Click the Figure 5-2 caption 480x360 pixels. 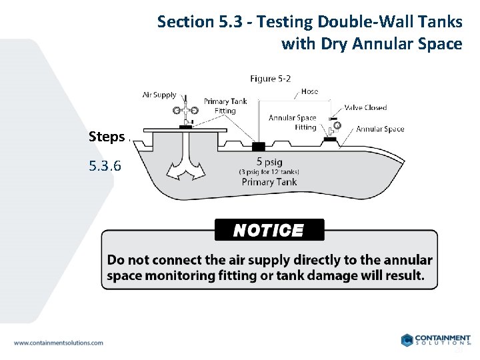tap(270, 79)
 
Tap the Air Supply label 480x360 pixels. tap(159, 95)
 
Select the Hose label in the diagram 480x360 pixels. tap(309, 91)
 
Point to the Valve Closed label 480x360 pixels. tap(365, 107)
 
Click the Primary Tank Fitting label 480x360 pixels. tap(225, 106)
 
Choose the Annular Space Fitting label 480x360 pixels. tap(292, 123)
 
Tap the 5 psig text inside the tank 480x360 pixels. tap(269, 161)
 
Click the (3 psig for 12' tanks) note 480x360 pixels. tap(269, 171)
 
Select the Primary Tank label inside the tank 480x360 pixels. tap(269, 182)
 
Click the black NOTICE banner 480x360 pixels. tap(269, 230)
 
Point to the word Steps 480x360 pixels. tap(107, 137)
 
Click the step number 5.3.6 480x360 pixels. tap(105, 165)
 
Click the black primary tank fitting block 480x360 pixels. tap(258, 145)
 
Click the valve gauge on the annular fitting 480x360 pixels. tap(337, 125)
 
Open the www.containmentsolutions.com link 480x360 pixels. tap(59, 343)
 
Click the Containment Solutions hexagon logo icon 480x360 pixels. tap(407, 340)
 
